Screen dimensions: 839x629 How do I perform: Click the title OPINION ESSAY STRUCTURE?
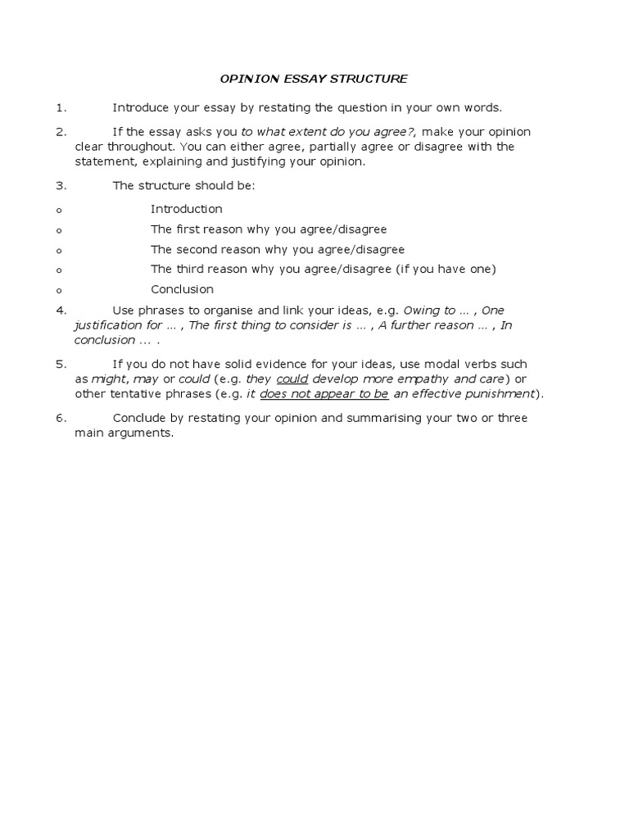(x=314, y=79)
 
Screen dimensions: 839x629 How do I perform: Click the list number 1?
(x=60, y=107)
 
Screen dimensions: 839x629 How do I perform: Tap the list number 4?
(x=60, y=311)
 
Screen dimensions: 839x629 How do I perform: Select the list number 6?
(x=60, y=419)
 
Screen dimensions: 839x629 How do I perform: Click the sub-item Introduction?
(x=186, y=209)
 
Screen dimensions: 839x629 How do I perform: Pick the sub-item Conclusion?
(x=182, y=289)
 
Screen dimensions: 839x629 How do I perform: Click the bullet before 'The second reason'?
(x=60, y=250)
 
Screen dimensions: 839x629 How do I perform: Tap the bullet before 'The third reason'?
(x=60, y=270)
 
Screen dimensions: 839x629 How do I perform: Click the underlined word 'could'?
(x=292, y=379)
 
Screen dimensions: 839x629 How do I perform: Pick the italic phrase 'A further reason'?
(x=424, y=325)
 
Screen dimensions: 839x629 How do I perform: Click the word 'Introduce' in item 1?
(x=140, y=107)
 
